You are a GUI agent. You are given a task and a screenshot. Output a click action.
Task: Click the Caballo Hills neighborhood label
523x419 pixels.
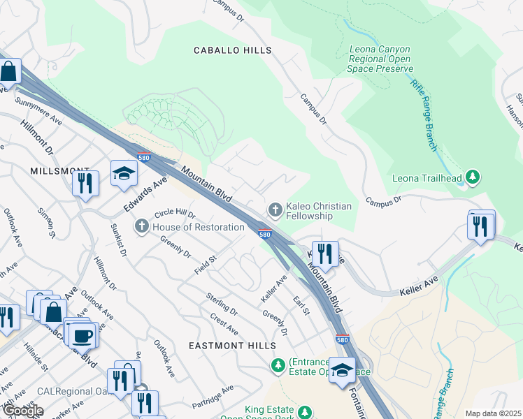(232, 50)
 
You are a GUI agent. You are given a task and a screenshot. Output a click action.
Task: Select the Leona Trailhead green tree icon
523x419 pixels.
(473, 178)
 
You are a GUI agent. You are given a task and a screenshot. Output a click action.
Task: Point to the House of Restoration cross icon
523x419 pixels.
(141, 227)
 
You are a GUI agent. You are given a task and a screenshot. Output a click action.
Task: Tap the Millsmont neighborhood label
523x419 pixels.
(59, 171)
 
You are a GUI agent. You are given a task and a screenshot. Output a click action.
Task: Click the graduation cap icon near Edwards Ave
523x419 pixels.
(124, 174)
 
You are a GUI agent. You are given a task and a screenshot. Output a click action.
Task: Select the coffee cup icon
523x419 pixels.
(83, 335)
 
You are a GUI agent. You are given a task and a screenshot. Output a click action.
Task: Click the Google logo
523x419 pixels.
(23, 411)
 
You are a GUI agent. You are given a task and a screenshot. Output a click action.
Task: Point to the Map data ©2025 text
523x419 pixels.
(493, 413)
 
